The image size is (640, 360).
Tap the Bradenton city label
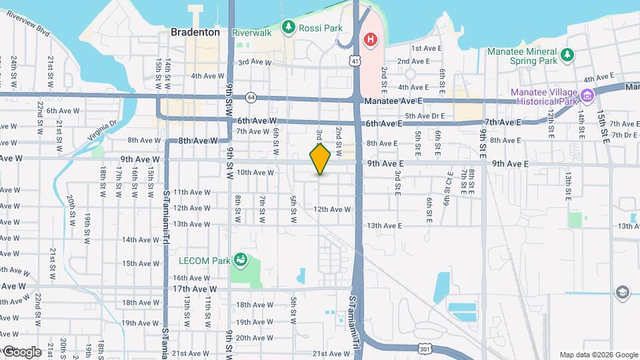click(x=195, y=32)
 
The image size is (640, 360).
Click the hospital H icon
click(x=369, y=41)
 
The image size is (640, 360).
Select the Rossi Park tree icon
click(x=288, y=27)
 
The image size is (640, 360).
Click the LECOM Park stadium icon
click(x=241, y=259)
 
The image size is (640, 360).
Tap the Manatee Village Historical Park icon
click(x=587, y=96)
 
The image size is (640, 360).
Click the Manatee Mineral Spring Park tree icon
click(x=567, y=53)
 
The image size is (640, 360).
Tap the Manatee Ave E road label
click(x=392, y=101)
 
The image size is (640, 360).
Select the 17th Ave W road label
click(x=195, y=289)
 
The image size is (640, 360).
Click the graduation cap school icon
click(x=622, y=292)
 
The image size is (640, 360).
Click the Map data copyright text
click(x=597, y=355)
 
